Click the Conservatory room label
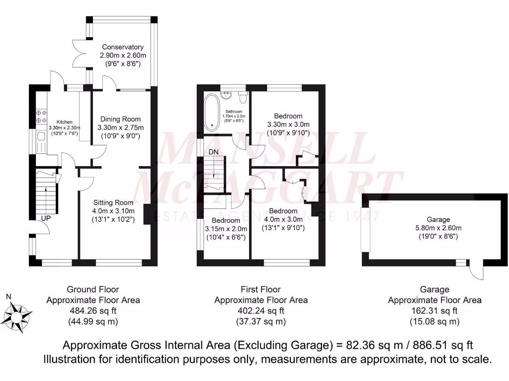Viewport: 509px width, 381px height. (x=123, y=47)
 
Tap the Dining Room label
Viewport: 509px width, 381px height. (x=120, y=119)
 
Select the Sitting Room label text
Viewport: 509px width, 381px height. (x=113, y=202)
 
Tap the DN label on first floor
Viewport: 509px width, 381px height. (x=214, y=151)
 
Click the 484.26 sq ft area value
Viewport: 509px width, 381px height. (x=93, y=311)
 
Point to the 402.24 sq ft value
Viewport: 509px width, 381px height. (x=260, y=311)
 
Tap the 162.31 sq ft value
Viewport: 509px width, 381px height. (x=434, y=311)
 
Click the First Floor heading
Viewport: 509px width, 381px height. (x=260, y=289)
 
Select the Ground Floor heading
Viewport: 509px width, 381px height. (x=93, y=289)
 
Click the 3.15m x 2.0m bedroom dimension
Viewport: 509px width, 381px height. (x=226, y=229)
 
